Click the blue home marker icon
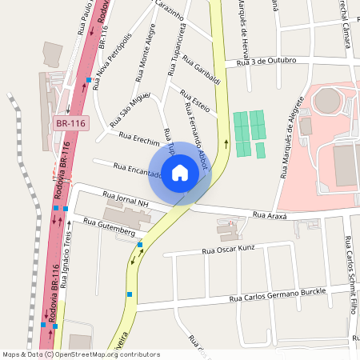click(x=180, y=172)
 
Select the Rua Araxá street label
click(x=270, y=215)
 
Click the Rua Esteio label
click(x=195, y=100)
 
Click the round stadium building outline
click(x=327, y=101)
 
